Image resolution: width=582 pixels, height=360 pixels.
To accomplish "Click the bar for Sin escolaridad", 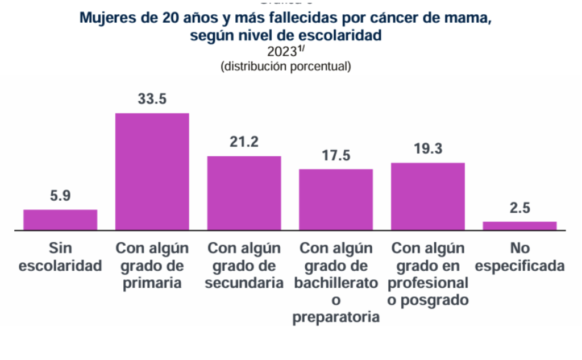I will (60, 220).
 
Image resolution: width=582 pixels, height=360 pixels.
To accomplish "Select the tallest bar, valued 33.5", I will (152, 172).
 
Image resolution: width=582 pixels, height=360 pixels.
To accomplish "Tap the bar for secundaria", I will (244, 193).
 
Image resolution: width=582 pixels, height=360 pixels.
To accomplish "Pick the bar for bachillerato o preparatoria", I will (336, 200).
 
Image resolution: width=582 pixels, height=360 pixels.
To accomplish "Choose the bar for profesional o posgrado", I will (428, 197).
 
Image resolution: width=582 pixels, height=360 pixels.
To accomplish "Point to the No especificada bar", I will (519, 226).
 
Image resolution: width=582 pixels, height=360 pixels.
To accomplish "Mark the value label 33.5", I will (152, 99).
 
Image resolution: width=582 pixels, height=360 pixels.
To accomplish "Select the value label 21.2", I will (244, 142).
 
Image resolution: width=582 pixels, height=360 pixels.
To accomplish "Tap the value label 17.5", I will (336, 155).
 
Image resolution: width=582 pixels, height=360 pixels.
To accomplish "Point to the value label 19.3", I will (428, 149).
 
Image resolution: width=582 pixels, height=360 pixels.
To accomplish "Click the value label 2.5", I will (519, 208).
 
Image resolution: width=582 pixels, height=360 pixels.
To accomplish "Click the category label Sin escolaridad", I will (60, 257).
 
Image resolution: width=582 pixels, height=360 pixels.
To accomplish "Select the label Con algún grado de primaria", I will (152, 266).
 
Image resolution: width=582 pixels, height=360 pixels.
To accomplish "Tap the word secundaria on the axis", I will (244, 283).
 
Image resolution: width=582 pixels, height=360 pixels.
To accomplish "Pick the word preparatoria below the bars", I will (336, 317).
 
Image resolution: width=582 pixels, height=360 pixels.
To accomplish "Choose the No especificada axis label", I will (519, 257).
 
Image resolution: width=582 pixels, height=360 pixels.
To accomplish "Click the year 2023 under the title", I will (282, 52).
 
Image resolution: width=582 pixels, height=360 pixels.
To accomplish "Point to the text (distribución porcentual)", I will (285, 67).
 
